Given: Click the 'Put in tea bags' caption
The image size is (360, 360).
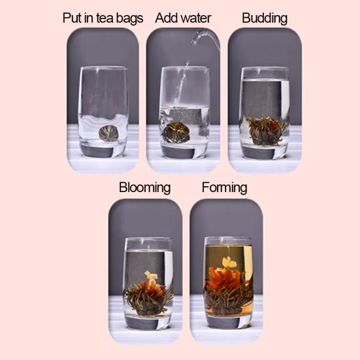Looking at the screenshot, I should (x=103, y=18).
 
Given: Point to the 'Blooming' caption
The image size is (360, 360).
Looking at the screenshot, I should (x=144, y=188).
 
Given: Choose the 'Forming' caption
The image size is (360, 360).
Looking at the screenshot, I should (x=224, y=188).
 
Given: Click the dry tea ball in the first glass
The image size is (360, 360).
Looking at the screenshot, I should (x=108, y=133).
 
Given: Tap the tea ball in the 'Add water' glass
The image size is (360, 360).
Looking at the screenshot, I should (x=176, y=132).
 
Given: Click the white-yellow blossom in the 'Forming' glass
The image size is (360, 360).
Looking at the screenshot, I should (x=229, y=263).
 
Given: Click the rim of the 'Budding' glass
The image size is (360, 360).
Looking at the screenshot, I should (x=265, y=69).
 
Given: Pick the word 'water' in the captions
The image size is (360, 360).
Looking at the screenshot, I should (x=199, y=18).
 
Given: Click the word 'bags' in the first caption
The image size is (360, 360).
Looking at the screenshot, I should (x=129, y=18).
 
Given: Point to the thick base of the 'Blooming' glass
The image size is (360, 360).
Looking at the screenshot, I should (x=148, y=321).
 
